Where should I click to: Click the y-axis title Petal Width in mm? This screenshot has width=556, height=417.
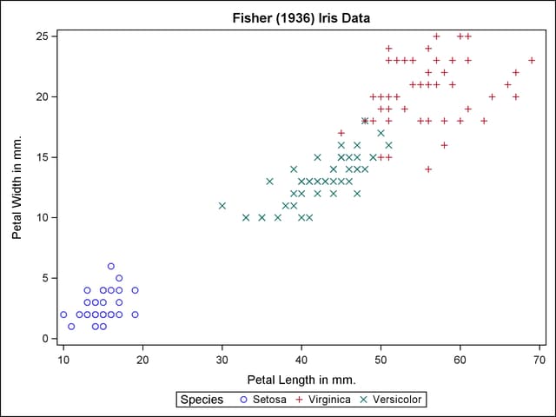coord(17,187)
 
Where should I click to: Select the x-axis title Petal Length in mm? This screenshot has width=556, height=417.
coord(301,380)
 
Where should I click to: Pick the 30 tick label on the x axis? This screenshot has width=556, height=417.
coord(222,359)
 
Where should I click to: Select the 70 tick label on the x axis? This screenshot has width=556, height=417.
coord(539,359)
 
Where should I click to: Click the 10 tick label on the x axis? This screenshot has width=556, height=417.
coord(63,359)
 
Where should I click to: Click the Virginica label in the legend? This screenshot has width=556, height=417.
coord(327,400)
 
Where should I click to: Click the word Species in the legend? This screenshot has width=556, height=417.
coord(202,400)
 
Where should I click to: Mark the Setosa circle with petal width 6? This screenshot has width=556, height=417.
coord(111,266)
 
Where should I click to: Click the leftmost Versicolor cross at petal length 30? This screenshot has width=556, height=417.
coord(222,206)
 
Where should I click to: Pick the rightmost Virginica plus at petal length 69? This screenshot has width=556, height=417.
coord(532,60)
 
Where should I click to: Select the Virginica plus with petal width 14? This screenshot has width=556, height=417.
coord(428,169)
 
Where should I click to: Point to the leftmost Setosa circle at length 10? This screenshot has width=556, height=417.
coord(63,314)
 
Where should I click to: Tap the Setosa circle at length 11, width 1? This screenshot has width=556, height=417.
coord(71,327)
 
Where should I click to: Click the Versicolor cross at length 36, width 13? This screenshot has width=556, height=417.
coord(269,182)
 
